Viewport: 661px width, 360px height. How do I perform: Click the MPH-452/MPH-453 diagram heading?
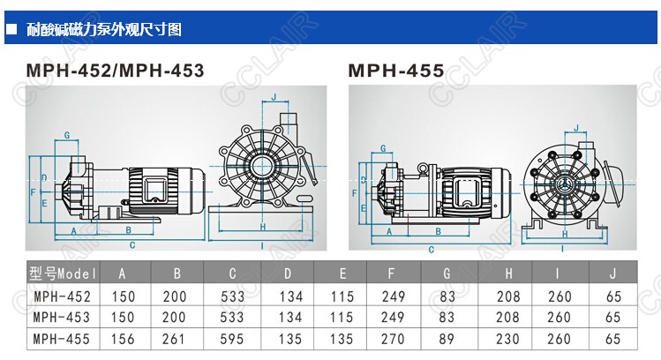pyautogui.click(x=115, y=70)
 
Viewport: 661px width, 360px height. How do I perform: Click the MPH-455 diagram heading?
pyautogui.click(x=396, y=70)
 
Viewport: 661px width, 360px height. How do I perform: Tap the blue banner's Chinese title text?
pyautogui.click(x=104, y=29)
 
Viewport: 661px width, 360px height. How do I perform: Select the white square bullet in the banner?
pyautogui.click(x=11, y=29)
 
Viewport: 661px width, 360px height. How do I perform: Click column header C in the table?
pyautogui.click(x=232, y=274)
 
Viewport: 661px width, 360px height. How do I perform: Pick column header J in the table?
pyautogui.click(x=612, y=274)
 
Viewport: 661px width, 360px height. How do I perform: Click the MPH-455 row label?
pyautogui.click(x=62, y=339)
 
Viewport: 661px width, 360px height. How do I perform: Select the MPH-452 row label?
pyautogui.click(x=62, y=296)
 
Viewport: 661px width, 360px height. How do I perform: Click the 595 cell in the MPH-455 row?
pyautogui.click(x=232, y=339)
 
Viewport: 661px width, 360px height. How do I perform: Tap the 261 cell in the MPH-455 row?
pyautogui.click(x=174, y=339)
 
